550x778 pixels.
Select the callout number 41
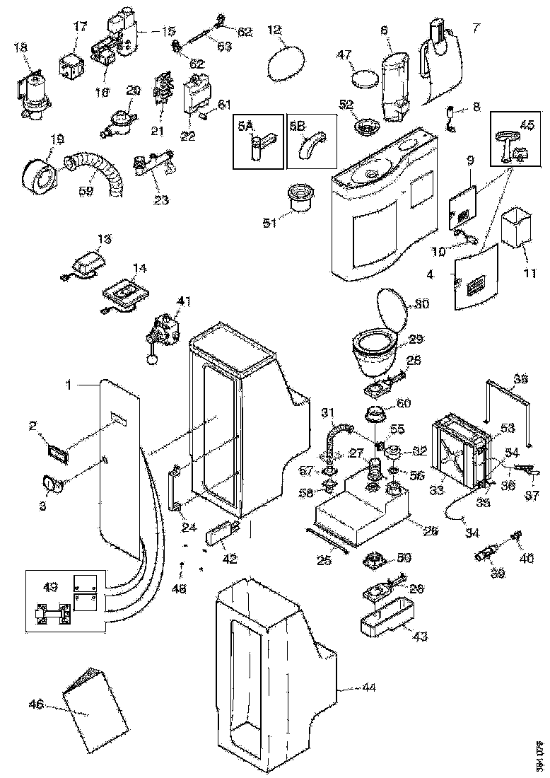185,301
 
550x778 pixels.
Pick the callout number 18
21,47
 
